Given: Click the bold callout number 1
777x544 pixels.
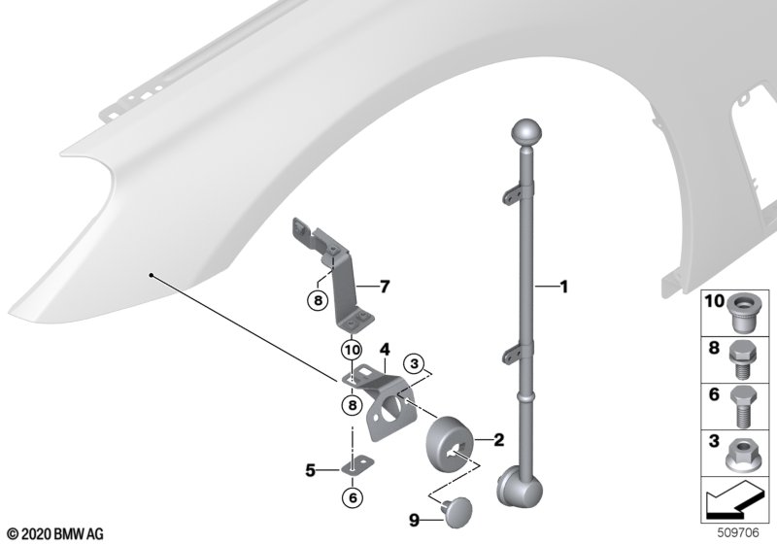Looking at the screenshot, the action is click(563, 287).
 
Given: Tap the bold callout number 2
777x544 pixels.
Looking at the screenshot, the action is click(498, 439).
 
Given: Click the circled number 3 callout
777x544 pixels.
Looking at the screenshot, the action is click(415, 364).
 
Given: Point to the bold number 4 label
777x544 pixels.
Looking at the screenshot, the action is click(385, 350).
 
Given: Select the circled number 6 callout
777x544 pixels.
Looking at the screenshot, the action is click(353, 497).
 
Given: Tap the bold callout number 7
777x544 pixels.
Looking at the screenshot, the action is click(385, 287).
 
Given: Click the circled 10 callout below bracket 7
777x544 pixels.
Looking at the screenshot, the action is click(352, 351).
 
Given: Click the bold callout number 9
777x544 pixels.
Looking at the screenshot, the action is click(415, 521).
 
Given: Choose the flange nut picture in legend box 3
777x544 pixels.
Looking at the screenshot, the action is click(740, 455).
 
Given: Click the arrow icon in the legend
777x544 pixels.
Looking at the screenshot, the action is click(735, 500).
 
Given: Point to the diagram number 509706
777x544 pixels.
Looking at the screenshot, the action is click(738, 532).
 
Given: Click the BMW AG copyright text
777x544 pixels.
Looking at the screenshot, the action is click(56, 534).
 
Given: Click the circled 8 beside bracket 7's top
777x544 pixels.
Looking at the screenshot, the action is click(318, 300).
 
